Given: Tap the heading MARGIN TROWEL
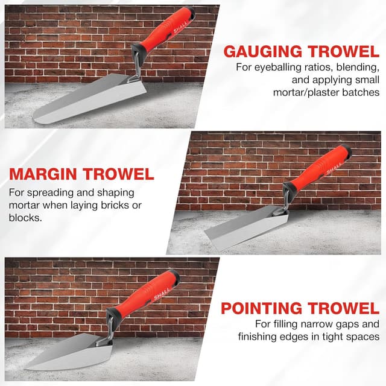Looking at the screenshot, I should click(81, 174).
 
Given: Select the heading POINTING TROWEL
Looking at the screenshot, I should click(300, 309).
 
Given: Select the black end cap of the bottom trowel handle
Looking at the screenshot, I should click(175, 276).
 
